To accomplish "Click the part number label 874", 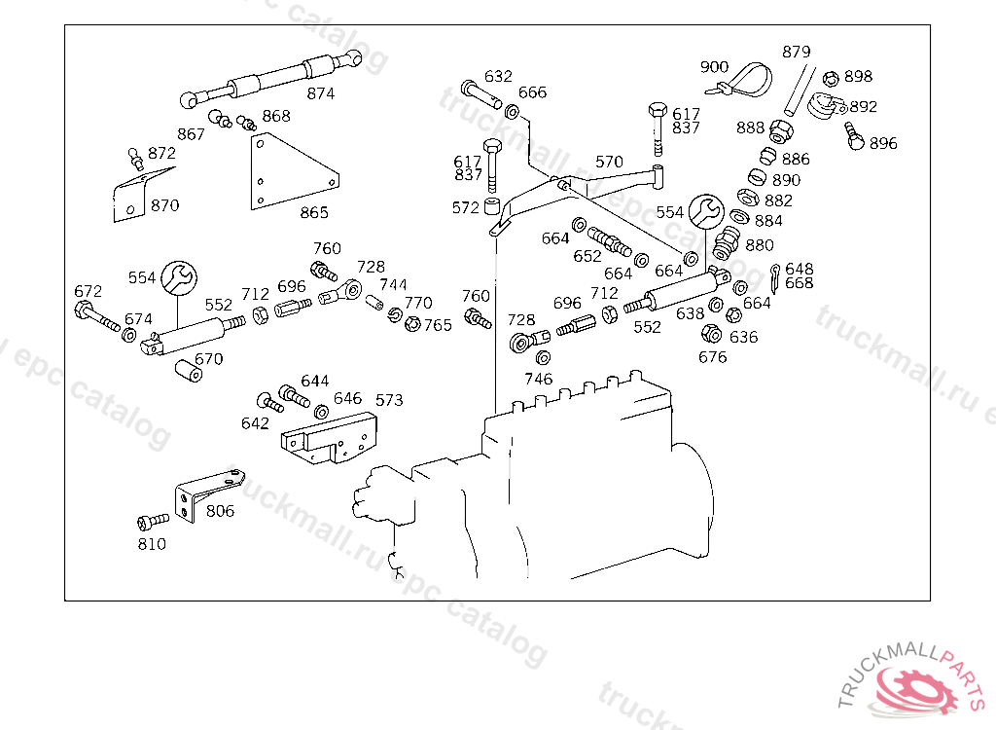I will (320, 93).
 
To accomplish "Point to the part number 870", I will (164, 205).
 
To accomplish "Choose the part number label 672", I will (88, 291).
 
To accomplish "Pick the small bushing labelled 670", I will (188, 372).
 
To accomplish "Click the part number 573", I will (389, 400).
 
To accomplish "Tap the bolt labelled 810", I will (149, 523).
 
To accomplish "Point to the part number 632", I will (498, 76).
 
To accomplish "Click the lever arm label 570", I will (609, 162).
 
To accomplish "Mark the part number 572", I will (465, 207).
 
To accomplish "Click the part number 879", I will (796, 52).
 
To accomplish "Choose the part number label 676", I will (712, 357).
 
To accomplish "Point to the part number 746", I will (538, 379).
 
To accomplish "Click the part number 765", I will (438, 325).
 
